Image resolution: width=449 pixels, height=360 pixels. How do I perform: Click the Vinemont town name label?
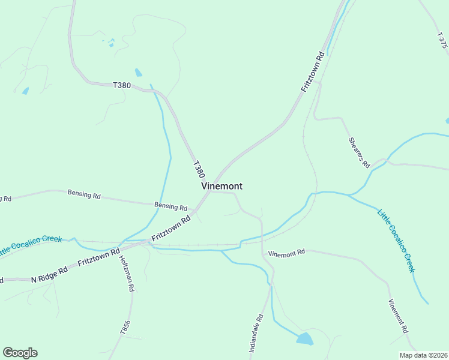[221, 186]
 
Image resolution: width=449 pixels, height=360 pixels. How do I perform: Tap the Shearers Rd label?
[358, 152]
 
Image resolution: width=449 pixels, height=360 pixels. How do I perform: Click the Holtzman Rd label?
[126, 273]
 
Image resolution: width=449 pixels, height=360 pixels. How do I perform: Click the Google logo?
[20, 352]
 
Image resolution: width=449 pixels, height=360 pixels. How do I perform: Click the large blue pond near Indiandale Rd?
[304, 339]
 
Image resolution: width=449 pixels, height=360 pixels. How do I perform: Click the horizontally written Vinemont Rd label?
[286, 253]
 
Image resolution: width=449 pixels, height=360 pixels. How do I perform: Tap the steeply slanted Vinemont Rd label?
[398, 316]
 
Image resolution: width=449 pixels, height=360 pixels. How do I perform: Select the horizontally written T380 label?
[122, 85]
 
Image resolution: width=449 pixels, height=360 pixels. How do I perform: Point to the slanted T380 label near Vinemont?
[199, 169]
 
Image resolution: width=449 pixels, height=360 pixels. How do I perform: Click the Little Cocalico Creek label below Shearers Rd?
[396, 240]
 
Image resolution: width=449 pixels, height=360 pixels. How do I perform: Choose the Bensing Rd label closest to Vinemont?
[170, 206]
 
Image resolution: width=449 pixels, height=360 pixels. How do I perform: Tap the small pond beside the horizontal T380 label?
[139, 73]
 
